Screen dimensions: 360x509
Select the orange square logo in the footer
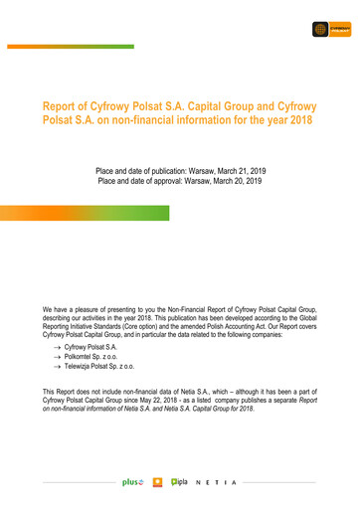(x=157, y=482)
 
